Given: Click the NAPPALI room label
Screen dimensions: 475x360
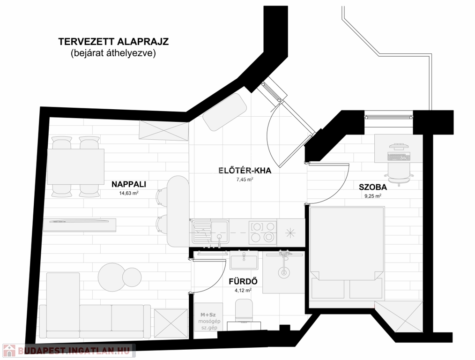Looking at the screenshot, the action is [129, 184].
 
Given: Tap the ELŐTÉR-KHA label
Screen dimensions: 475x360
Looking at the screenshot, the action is [245, 171].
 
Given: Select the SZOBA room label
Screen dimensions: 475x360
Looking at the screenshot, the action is [373, 187].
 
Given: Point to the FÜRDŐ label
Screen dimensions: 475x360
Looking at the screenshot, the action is [243, 282].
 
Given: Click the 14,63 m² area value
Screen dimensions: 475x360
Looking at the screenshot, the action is [129, 193].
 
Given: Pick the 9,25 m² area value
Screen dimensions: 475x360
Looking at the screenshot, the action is [373, 196].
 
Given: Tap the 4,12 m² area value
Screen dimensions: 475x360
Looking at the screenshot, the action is [243, 290].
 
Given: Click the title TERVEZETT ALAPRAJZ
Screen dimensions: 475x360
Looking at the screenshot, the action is [113, 42].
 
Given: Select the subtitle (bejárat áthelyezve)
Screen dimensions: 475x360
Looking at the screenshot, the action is [113, 53].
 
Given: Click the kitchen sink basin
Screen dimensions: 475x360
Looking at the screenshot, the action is [220, 232].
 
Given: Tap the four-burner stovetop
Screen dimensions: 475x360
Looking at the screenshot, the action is [263, 232].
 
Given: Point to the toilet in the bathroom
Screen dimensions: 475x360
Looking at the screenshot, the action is [244, 311].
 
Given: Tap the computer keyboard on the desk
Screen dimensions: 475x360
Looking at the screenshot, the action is [398, 157].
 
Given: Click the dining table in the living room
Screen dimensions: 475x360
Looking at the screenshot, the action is [76, 166].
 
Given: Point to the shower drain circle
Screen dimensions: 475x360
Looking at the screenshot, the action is [284, 273].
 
